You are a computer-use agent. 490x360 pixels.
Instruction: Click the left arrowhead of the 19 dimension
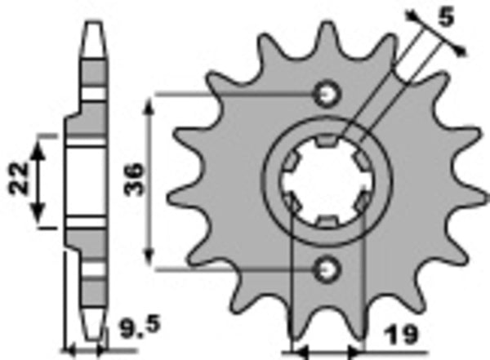296,353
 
